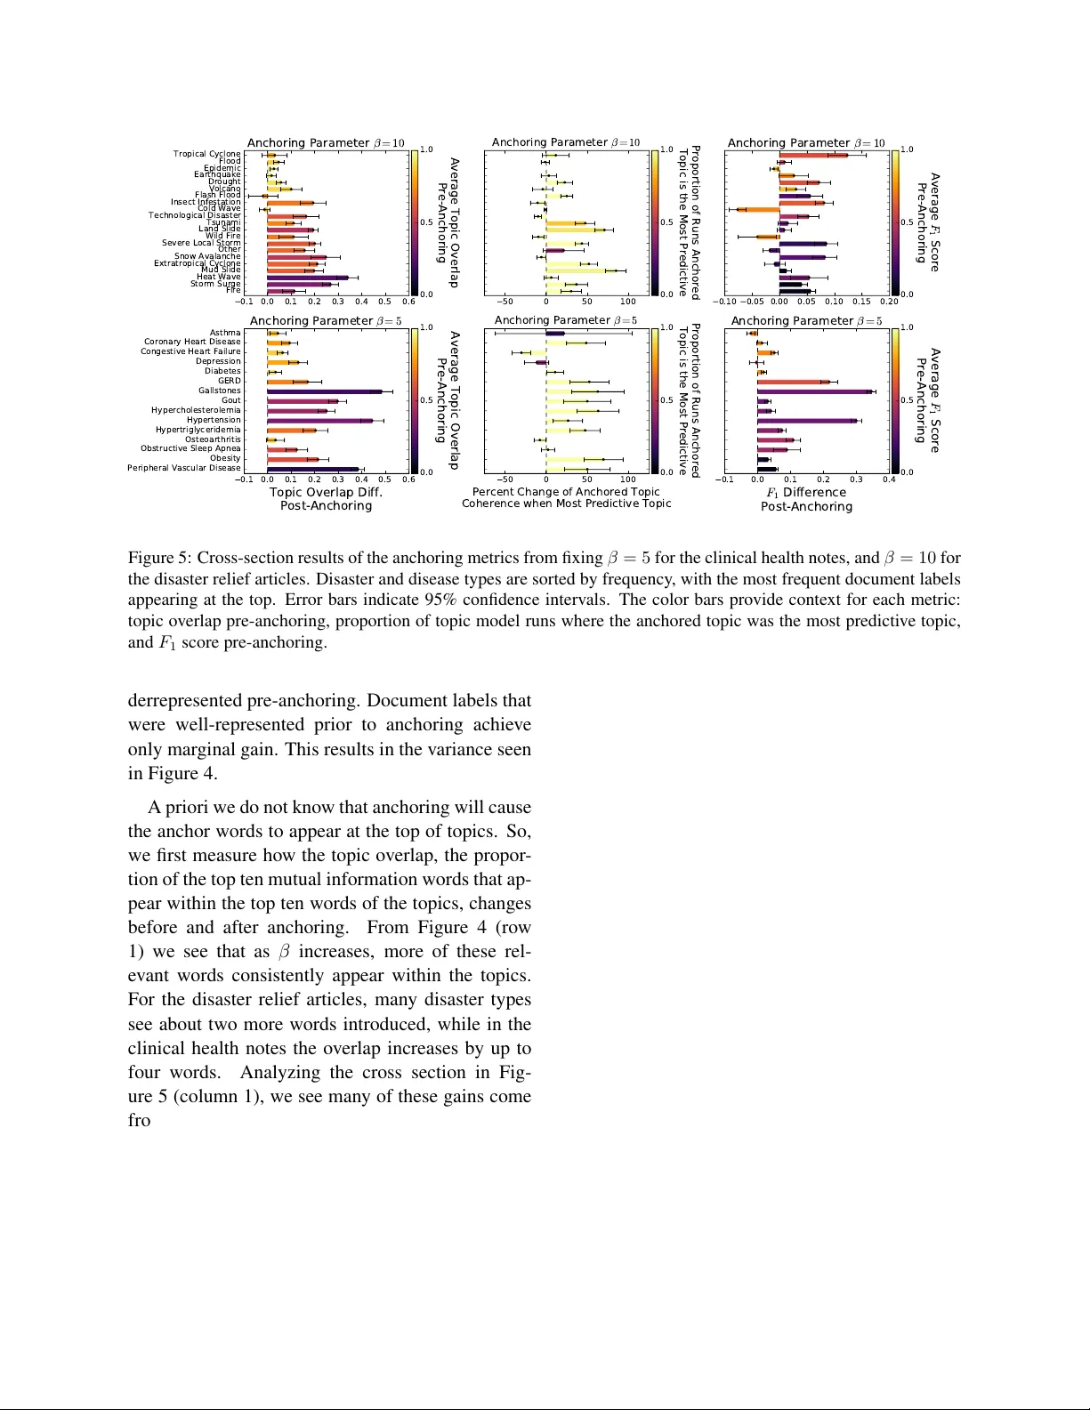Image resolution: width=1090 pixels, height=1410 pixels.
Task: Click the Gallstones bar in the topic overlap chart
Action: tap(325, 391)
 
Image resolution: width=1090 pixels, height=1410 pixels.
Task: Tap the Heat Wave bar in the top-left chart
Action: tap(307, 278)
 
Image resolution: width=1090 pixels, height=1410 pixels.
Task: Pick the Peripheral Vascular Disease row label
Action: tap(184, 468)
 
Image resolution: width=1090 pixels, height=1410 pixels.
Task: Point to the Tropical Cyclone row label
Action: tap(206, 154)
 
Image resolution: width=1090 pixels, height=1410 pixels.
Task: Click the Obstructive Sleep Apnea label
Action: tap(190, 448)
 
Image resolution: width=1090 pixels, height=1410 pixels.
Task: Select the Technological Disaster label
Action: tap(194, 215)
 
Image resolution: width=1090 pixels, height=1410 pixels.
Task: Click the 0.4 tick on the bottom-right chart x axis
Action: tap(888, 479)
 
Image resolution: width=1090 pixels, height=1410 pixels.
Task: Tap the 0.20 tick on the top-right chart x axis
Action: tap(888, 302)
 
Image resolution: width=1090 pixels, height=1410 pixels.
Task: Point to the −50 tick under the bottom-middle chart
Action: tap(504, 479)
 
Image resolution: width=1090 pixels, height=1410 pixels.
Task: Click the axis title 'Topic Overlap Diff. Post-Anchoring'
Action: tap(326, 499)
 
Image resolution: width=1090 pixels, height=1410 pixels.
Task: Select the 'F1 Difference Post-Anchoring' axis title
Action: tap(806, 499)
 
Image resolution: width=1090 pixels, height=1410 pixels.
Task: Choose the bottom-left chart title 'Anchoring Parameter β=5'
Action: tap(326, 321)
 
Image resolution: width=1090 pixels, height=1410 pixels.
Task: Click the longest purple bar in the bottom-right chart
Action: tap(815, 391)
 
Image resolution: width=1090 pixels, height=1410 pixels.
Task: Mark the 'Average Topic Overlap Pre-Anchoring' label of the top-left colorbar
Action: tap(448, 222)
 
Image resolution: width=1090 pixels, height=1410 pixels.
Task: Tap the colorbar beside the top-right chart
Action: tap(896, 222)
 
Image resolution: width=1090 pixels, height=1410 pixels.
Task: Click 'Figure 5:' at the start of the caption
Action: tap(160, 558)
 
